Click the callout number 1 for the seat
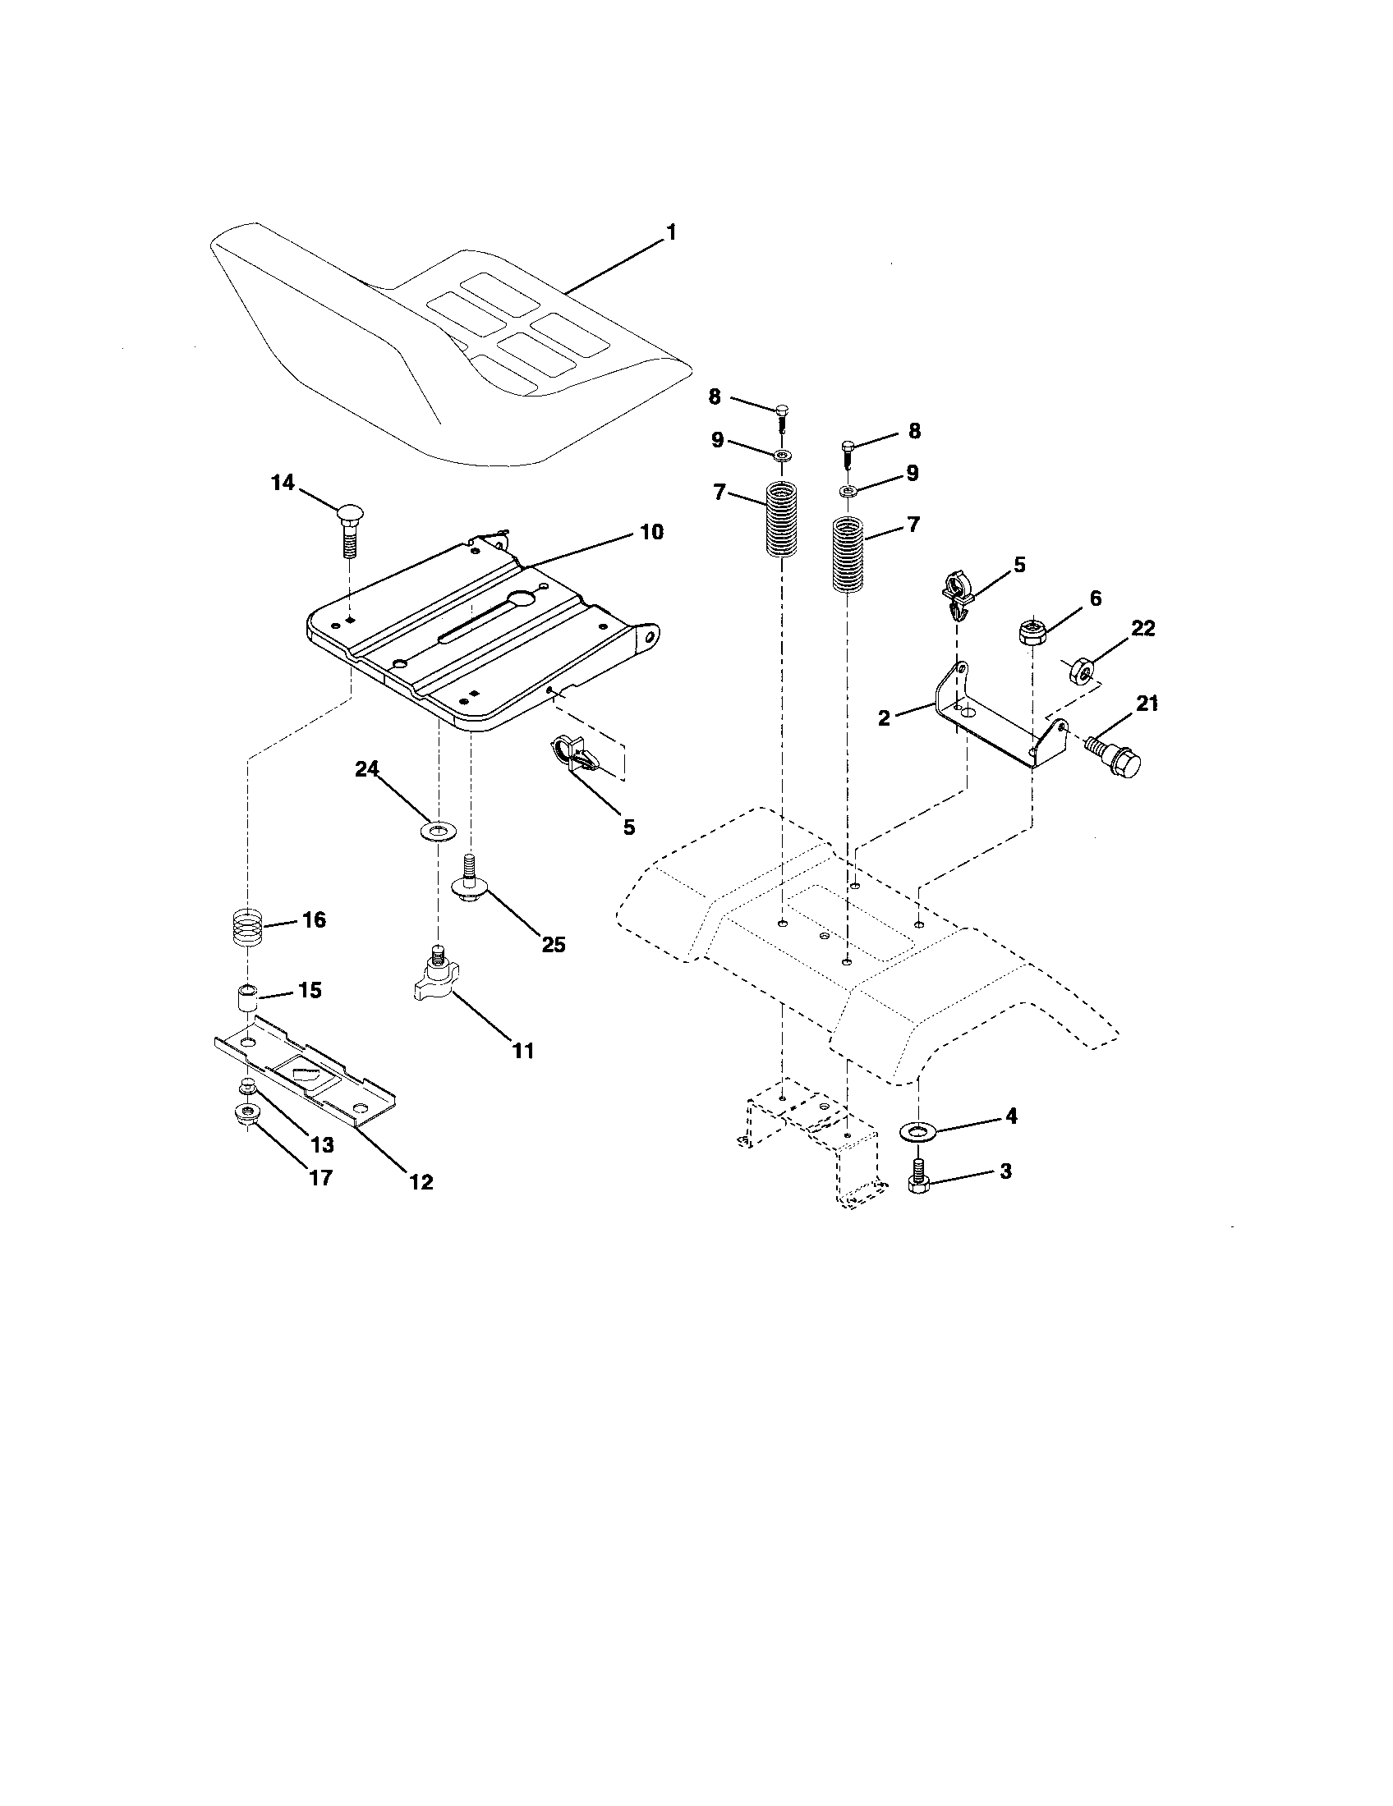[x=671, y=233]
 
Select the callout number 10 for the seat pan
[x=652, y=532]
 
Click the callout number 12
[x=421, y=1181]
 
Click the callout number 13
[x=322, y=1144]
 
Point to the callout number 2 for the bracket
[x=884, y=717]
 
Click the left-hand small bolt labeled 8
[x=781, y=416]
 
